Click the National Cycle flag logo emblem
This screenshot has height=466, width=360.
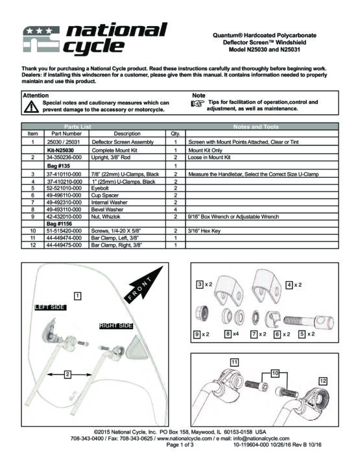41,39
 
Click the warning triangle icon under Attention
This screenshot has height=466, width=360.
31,106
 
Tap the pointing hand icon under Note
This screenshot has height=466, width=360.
198,103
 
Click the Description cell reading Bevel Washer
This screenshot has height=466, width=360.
127,210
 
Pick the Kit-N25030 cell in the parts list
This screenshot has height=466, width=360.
67,150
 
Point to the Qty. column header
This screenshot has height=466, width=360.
175,134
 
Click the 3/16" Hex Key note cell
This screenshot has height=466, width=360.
262,231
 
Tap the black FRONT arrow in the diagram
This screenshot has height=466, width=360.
144,284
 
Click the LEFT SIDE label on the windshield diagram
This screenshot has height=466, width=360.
50,307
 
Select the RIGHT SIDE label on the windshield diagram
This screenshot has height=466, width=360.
116,326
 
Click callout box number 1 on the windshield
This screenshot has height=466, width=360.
77,296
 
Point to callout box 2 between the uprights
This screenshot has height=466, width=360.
67,374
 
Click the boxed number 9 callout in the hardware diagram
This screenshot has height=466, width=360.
197,334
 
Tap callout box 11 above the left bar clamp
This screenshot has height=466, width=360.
234,362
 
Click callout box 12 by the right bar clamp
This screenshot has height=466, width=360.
323,381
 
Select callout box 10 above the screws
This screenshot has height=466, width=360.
275,373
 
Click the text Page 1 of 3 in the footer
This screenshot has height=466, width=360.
180,445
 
